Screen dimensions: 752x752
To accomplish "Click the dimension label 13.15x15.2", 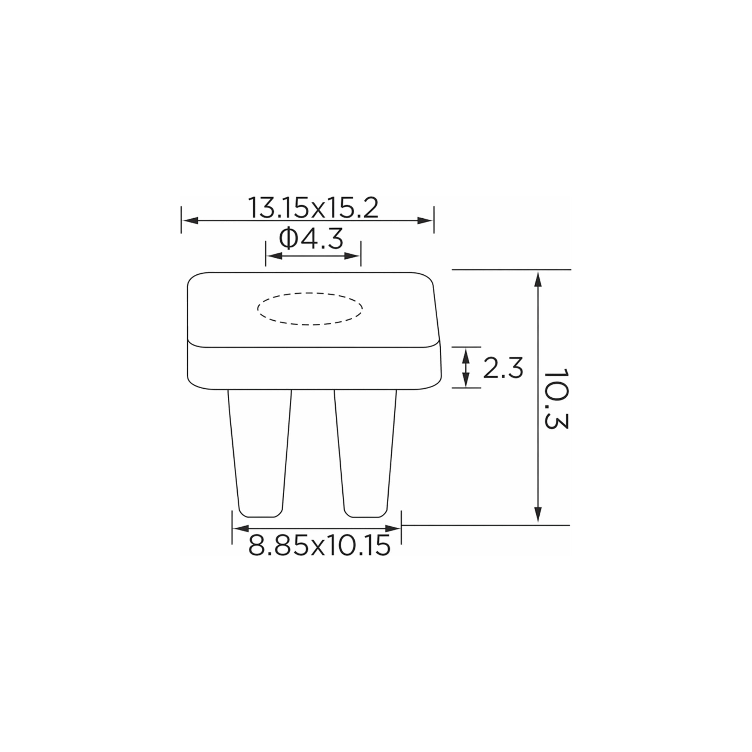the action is click(x=313, y=208).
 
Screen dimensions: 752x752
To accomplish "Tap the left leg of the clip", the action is click(x=260, y=454).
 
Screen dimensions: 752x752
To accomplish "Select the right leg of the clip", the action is click(x=365, y=454).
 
